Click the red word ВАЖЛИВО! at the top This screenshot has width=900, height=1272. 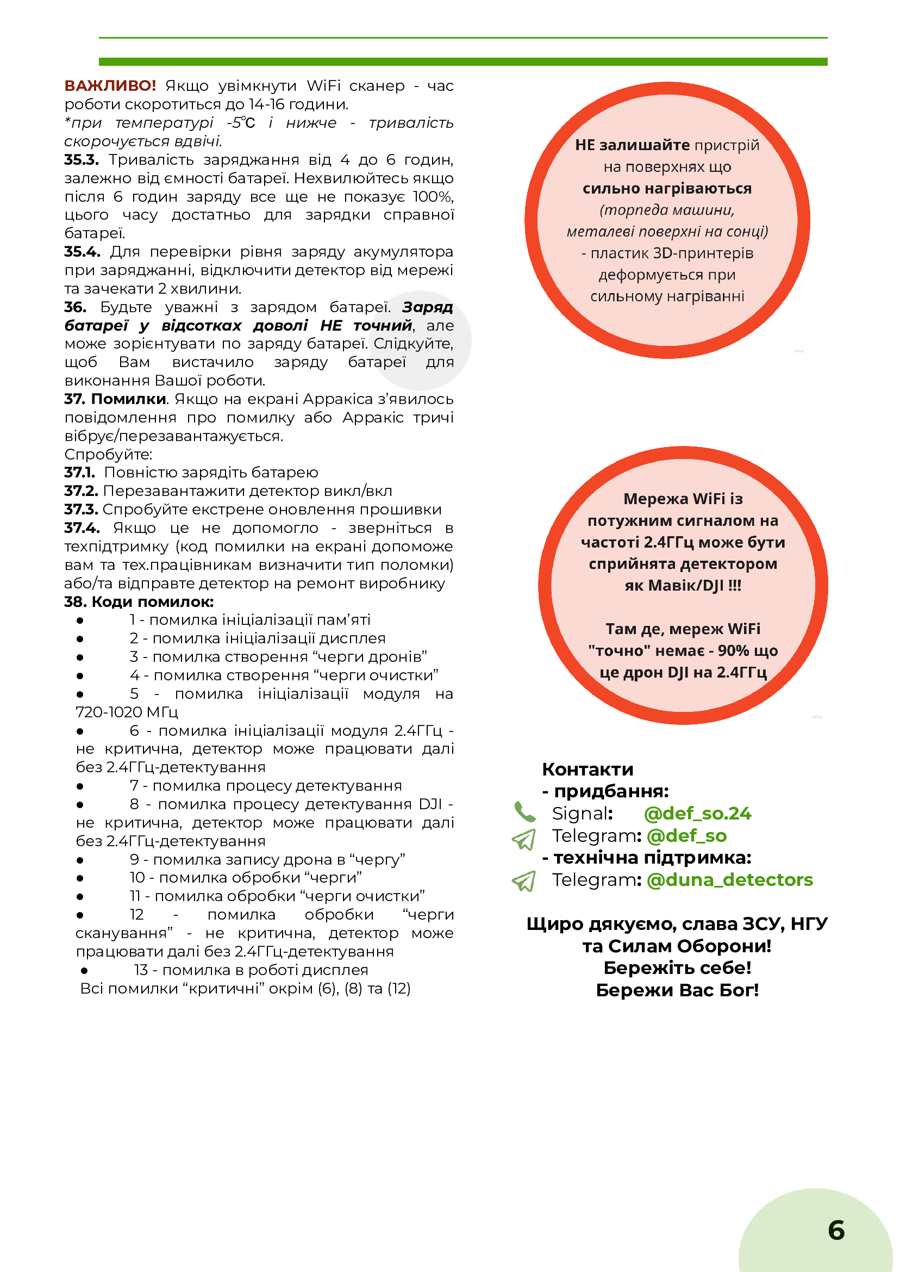coord(110,86)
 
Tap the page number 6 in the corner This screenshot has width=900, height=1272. coord(836,1230)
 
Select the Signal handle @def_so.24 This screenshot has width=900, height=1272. coord(697,814)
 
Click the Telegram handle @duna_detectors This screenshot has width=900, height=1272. coord(729,879)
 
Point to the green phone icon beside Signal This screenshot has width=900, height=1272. coord(524,812)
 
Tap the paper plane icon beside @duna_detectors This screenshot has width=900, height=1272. coord(524,880)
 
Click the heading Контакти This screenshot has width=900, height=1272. coord(587,769)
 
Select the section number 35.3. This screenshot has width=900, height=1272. coord(82,160)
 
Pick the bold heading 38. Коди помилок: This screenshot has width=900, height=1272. coord(139,601)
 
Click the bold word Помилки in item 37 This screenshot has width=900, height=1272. coord(129,399)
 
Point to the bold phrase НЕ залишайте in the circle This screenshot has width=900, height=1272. coord(632,145)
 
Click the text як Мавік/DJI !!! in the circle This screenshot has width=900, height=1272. coord(683,586)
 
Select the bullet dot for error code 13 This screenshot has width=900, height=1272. coord(84,970)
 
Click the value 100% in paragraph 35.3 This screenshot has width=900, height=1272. coord(433,197)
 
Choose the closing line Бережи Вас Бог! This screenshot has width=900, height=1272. coord(677,990)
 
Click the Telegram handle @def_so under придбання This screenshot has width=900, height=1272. coord(686,836)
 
